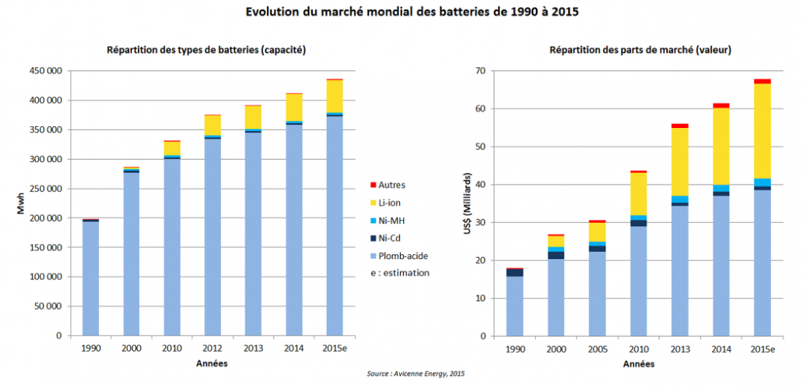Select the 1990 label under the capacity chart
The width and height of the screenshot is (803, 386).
[x=91, y=348]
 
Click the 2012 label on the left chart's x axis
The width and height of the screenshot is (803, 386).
[x=212, y=348]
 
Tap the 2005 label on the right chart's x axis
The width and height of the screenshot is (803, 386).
[x=597, y=349]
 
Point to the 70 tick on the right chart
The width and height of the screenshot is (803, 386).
[x=480, y=71]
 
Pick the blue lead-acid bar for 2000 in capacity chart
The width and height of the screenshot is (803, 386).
[x=131, y=252]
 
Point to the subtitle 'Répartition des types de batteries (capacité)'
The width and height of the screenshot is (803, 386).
[x=206, y=50]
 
